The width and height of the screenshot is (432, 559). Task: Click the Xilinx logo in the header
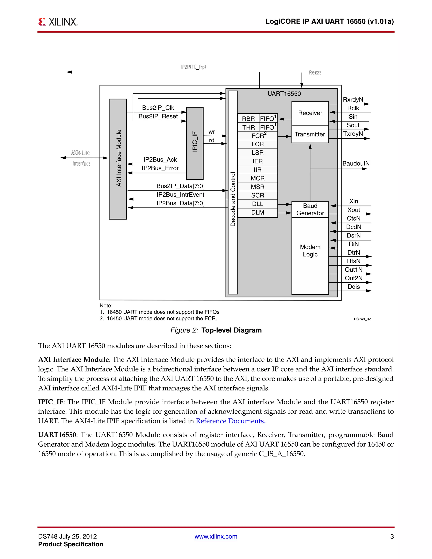pyautogui.click(x=58, y=22)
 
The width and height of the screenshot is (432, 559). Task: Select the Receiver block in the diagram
pyautogui.click(x=310, y=113)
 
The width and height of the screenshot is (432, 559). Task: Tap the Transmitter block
pyautogui.click(x=310, y=134)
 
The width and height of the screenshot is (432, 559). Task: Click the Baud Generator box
pyautogui.click(x=310, y=209)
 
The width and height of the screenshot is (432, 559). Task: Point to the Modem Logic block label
pyautogui.click(x=310, y=251)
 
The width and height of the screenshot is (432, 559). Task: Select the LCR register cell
pyautogui.click(x=258, y=144)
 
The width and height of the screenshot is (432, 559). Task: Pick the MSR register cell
pyautogui.click(x=258, y=187)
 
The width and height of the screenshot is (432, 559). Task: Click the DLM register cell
pyautogui.click(x=258, y=212)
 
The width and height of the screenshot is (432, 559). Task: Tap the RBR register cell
pyautogui.click(x=248, y=119)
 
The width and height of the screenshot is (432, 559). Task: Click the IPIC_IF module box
pyautogui.click(x=195, y=143)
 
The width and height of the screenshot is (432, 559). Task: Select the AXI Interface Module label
pyautogui.click(x=119, y=158)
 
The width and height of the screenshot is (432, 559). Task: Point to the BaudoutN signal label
pyautogui.click(x=356, y=163)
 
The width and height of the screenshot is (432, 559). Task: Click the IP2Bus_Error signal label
pyautogui.click(x=160, y=168)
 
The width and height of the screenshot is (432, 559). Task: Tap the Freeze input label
pyautogui.click(x=315, y=72)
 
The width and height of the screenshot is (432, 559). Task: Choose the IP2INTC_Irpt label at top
pyautogui.click(x=193, y=67)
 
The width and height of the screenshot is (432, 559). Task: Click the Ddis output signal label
pyautogui.click(x=354, y=287)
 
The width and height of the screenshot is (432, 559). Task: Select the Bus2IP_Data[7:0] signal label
pyautogui.click(x=180, y=186)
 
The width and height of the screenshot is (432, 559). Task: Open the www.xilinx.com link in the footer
pyautogui.click(x=216, y=536)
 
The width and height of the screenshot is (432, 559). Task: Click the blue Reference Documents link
pyautogui.click(x=230, y=421)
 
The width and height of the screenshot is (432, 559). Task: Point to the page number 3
pyautogui.click(x=392, y=536)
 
